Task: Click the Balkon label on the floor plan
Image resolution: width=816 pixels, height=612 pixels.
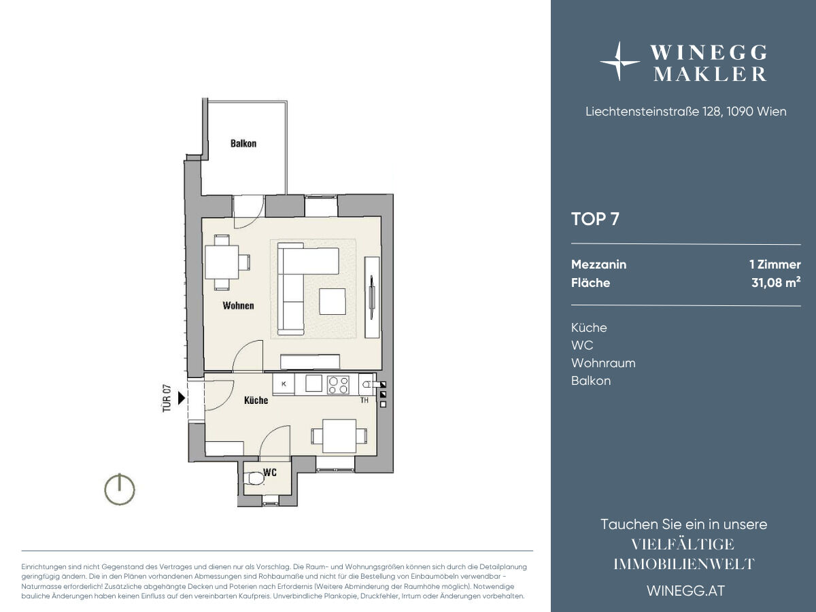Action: click(x=243, y=143)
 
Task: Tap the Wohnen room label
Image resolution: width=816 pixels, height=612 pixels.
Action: click(x=238, y=305)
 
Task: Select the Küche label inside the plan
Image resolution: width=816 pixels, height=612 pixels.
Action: click(x=256, y=401)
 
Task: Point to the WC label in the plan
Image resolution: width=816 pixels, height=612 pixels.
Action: click(x=270, y=472)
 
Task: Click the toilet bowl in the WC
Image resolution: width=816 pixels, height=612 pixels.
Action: click(x=254, y=478)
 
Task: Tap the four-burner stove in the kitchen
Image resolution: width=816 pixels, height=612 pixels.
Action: click(x=338, y=385)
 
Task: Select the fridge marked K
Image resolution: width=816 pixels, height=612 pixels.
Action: click(x=284, y=384)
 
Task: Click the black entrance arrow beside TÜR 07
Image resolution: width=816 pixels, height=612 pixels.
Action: click(x=182, y=398)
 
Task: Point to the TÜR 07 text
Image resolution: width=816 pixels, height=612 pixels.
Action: click(x=167, y=398)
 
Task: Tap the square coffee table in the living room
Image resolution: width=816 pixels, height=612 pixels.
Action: click(x=333, y=301)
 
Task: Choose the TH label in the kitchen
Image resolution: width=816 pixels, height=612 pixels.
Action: click(x=364, y=401)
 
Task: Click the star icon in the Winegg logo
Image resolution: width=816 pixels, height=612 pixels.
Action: click(x=619, y=61)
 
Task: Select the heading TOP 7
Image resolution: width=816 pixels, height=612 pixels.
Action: click(x=595, y=219)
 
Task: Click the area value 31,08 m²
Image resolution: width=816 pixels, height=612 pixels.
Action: click(x=776, y=282)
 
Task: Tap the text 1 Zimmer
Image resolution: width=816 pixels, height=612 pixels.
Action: click(x=775, y=265)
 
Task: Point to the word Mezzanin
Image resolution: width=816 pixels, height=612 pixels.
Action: click(x=598, y=265)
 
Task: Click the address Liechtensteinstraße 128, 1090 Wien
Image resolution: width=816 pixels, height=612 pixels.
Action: click(x=686, y=112)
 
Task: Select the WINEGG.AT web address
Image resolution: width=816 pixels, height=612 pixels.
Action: click(x=686, y=591)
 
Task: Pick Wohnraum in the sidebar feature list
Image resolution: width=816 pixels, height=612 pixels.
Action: click(x=603, y=363)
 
